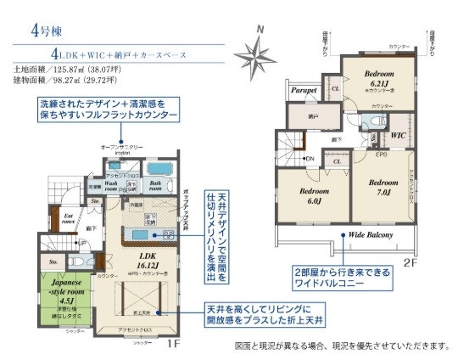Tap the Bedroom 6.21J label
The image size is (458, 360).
[378, 79]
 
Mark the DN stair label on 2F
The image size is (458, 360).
[309, 159]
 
